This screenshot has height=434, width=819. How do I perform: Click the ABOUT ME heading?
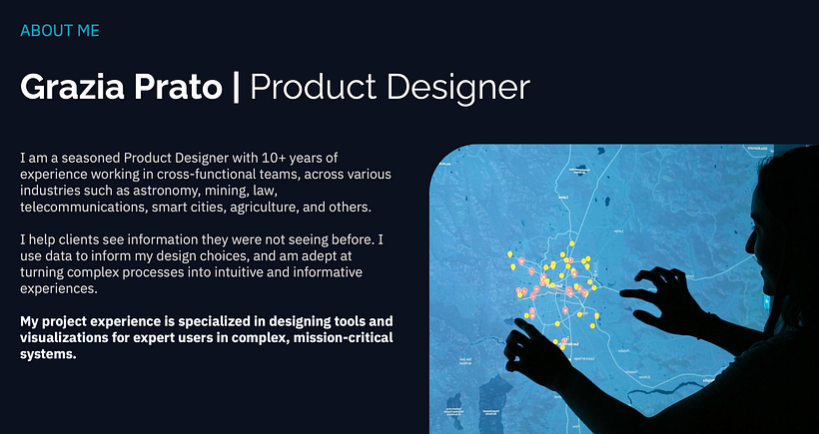[60, 31]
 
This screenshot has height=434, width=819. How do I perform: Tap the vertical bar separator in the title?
[236, 87]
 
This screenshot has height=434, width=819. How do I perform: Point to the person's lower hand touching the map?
[534, 344]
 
